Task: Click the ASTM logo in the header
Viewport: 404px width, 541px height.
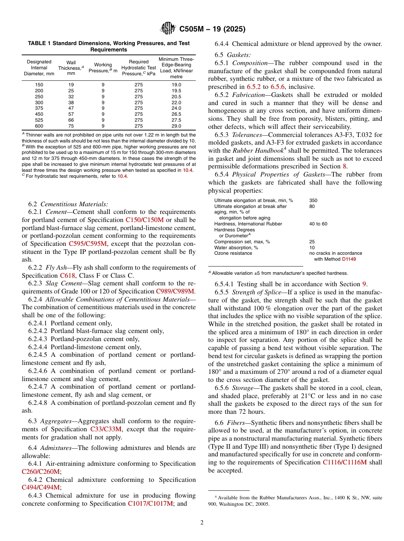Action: [x=168, y=28]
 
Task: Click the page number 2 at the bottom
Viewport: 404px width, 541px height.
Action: [x=202, y=522]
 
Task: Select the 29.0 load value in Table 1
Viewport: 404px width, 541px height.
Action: [x=176, y=126]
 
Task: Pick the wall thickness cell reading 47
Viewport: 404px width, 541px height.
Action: [x=71, y=108]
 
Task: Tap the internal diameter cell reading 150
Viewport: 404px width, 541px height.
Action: [x=39, y=85]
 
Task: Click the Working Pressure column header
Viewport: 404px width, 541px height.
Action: [x=103, y=68]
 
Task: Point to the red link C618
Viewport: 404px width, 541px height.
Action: [x=67, y=276]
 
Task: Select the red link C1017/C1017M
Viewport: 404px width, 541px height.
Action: [x=151, y=504]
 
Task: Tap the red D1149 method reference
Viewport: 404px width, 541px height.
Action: [x=349, y=259]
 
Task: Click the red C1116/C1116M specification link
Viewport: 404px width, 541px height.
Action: [x=344, y=463]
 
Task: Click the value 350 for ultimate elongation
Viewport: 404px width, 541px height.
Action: [x=313, y=200]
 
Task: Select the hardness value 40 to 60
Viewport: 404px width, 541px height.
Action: [x=318, y=224]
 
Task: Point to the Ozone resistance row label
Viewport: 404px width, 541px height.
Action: [x=233, y=253]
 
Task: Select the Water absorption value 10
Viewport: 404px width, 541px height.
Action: [x=312, y=248]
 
